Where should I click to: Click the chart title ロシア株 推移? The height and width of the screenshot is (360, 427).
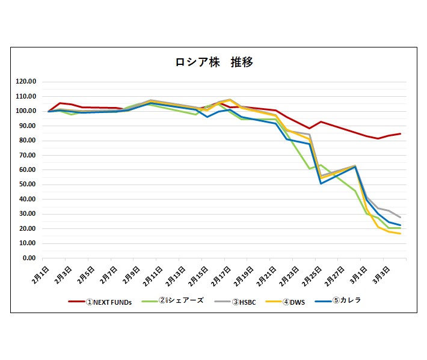tap(214, 63)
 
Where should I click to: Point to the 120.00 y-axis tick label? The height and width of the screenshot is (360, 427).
tap(26, 81)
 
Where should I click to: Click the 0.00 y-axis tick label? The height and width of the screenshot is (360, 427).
tap(29, 258)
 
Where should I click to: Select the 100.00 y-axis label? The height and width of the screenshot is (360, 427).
tap(26, 111)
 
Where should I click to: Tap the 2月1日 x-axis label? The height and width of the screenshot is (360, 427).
tap(40, 275)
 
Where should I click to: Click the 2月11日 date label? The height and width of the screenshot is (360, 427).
tap(153, 276)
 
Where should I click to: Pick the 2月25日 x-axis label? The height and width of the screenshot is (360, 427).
tap(312, 276)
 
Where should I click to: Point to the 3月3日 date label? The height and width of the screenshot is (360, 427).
tap(381, 275)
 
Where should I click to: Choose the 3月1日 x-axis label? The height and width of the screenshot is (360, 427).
tap(358, 275)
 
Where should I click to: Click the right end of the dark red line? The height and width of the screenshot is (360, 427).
tap(401, 133)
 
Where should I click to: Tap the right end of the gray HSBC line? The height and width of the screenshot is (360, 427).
tap(401, 217)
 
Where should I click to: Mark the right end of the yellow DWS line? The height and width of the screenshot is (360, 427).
tap(401, 233)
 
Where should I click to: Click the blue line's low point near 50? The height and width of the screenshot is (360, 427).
tap(321, 183)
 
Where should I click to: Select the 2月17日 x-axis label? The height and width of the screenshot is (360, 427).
tap(221, 276)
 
